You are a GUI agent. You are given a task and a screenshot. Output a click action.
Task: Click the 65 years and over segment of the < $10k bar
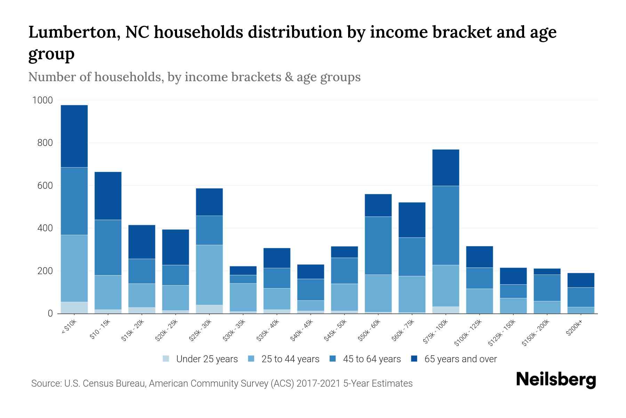click(74, 136)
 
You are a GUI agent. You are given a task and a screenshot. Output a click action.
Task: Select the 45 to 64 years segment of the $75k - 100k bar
click(446, 225)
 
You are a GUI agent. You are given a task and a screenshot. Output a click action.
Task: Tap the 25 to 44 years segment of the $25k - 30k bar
click(209, 275)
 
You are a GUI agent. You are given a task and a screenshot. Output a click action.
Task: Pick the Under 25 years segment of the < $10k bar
click(74, 308)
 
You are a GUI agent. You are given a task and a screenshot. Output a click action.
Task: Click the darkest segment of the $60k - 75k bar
click(412, 220)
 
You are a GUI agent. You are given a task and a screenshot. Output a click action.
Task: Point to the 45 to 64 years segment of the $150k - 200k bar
click(547, 288)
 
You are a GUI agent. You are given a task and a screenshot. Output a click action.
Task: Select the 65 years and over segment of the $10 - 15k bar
click(108, 196)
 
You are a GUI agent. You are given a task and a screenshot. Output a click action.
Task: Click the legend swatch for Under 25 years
click(166, 359)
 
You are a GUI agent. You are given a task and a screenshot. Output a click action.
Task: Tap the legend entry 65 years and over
click(460, 359)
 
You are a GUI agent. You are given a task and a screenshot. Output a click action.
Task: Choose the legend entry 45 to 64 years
click(371, 359)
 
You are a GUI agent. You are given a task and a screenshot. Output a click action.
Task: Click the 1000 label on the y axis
click(42, 100)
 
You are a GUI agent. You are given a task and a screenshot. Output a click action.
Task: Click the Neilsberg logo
click(556, 380)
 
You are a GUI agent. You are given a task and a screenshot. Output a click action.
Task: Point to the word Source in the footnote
click(46, 384)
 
